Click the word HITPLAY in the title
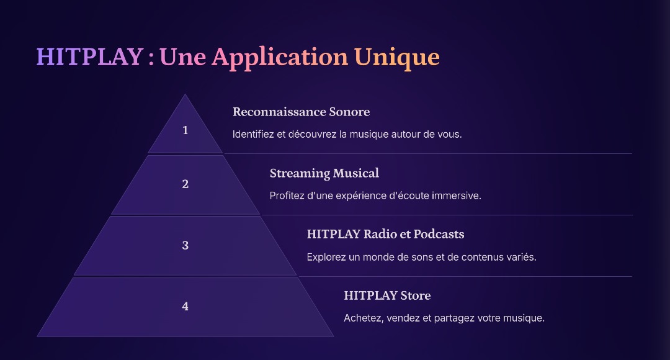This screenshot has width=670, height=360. pos(90,56)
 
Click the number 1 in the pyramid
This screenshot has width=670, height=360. pos(185,130)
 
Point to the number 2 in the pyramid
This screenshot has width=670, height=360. pos(185,184)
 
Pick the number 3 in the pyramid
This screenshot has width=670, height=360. pos(185,245)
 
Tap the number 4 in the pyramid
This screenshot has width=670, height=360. pos(185,306)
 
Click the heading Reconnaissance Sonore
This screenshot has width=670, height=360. pos(301,112)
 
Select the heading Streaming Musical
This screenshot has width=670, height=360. pos(324,173)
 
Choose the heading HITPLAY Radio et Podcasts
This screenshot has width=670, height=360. pos(385,234)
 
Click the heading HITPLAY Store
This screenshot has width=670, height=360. pos(387,295)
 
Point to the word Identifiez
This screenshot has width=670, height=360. pos(253,134)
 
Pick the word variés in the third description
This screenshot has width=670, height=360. pos(521,257)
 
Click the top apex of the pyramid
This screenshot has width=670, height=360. pos(185,94)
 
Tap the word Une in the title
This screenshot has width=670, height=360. pos(183,57)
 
